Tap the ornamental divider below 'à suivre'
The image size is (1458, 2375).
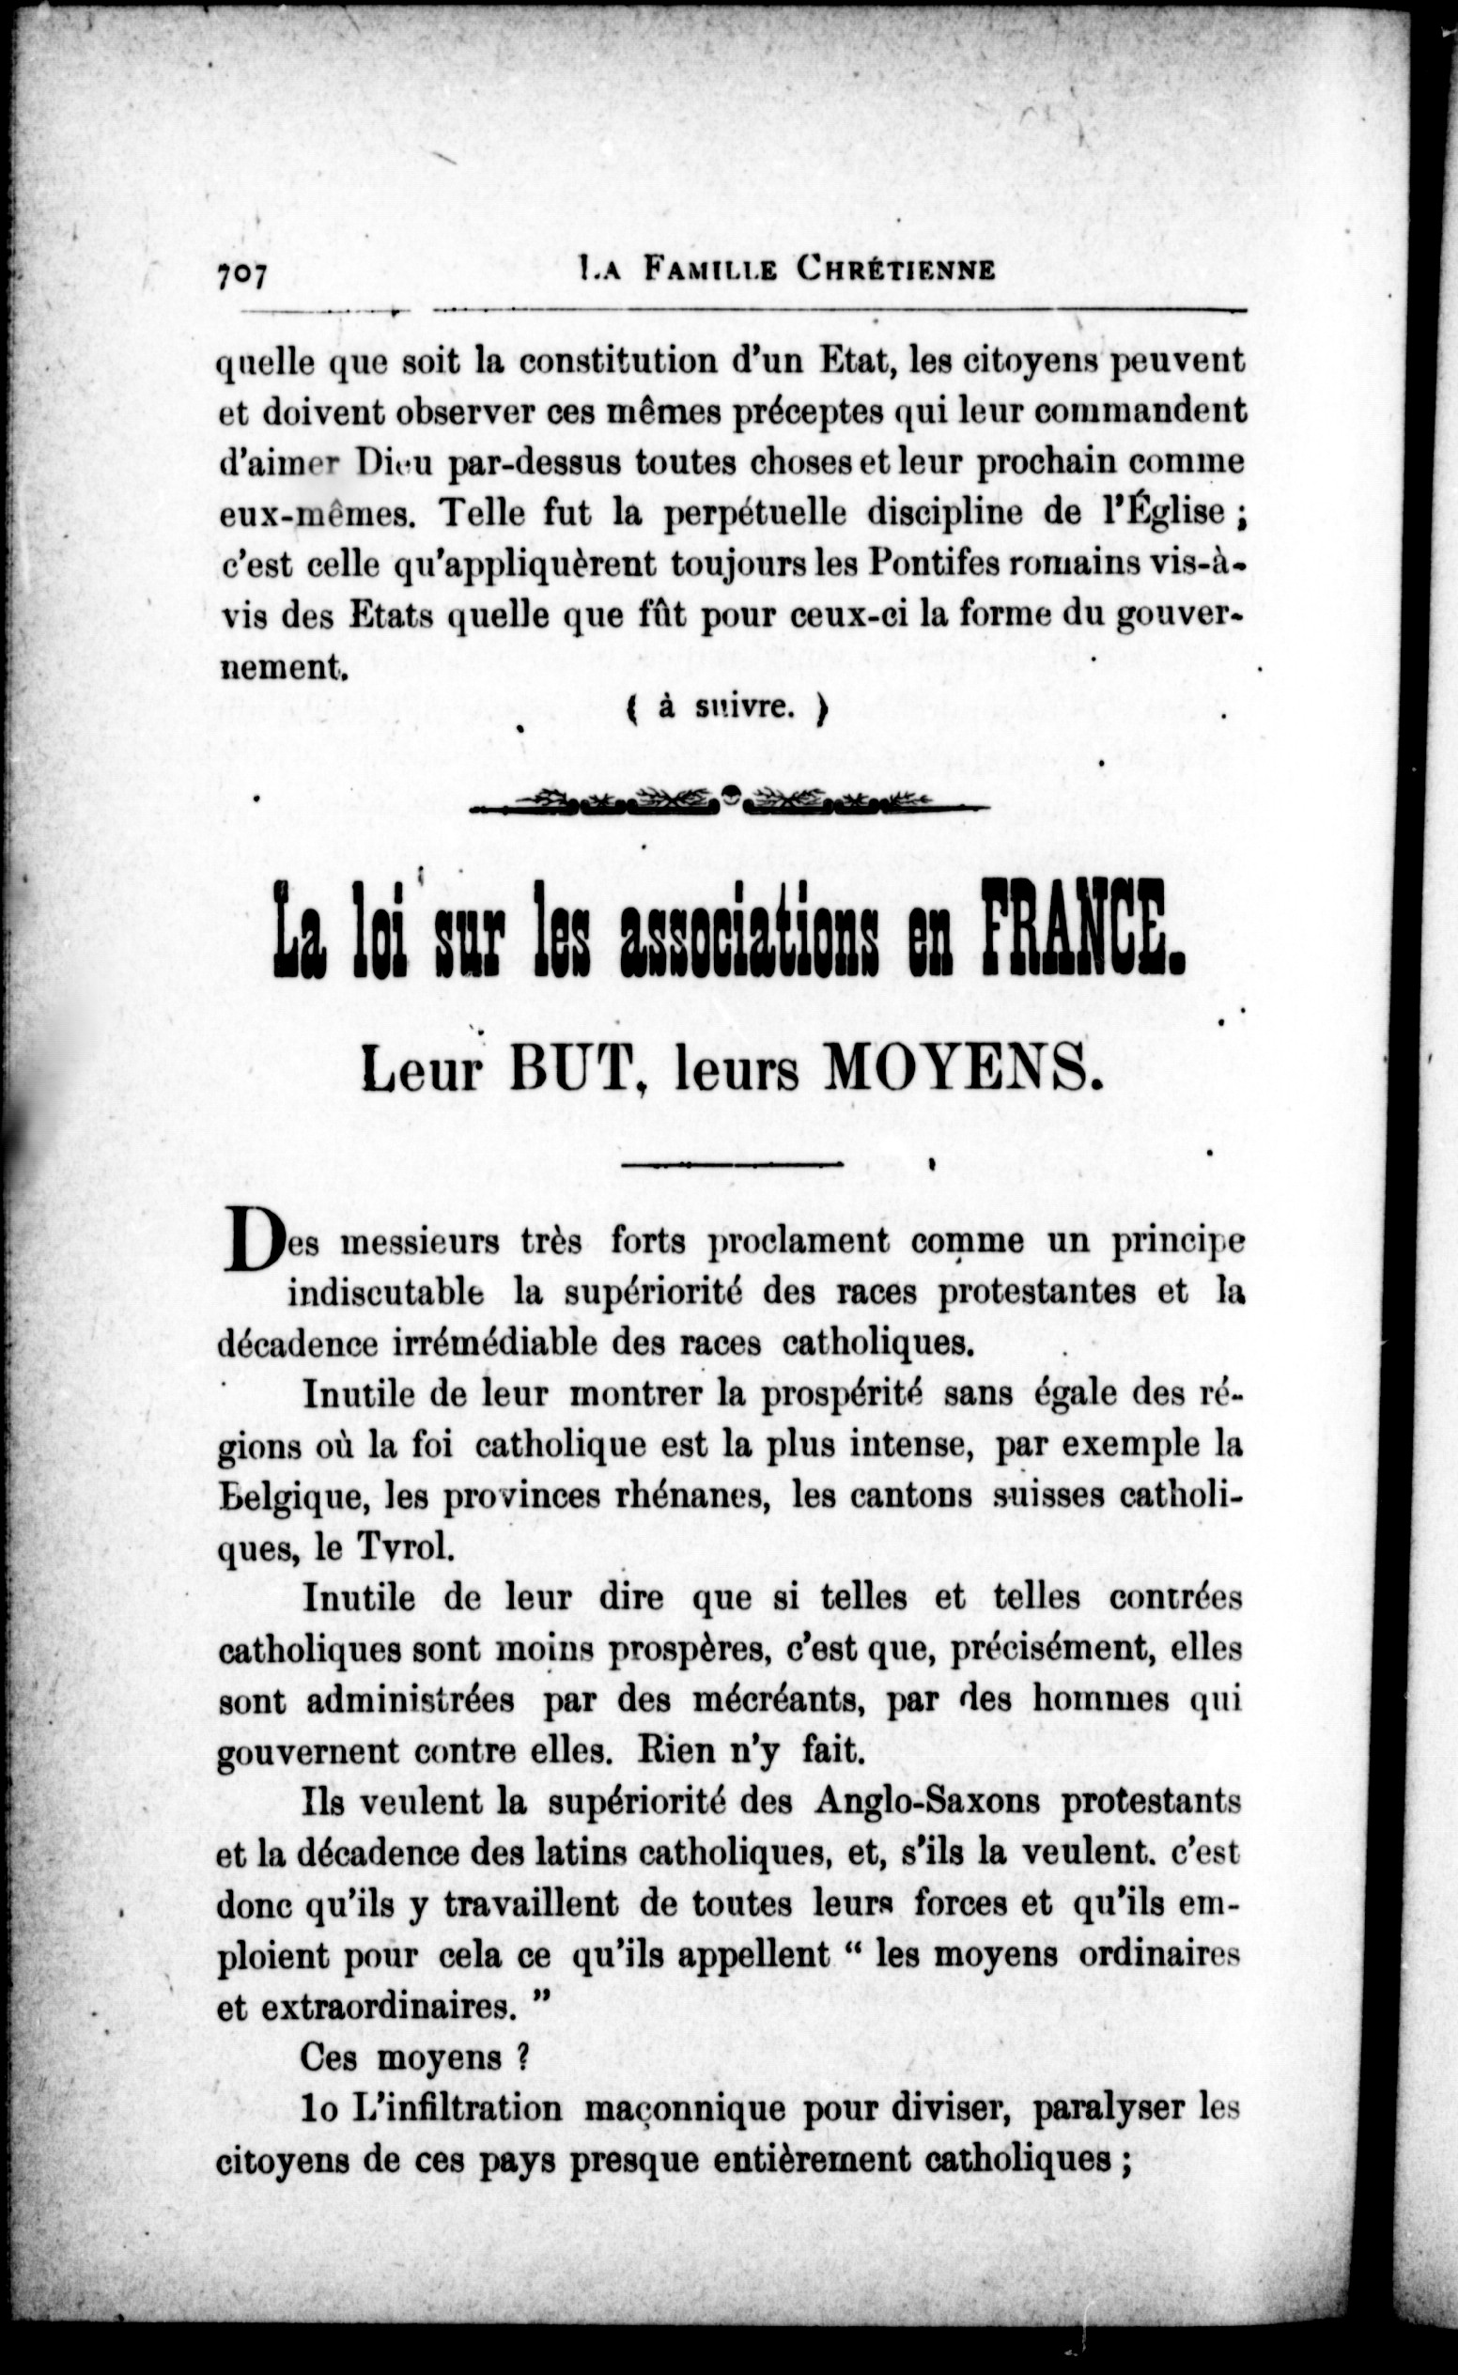[729, 799]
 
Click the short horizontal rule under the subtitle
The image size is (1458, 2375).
[733, 1165]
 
